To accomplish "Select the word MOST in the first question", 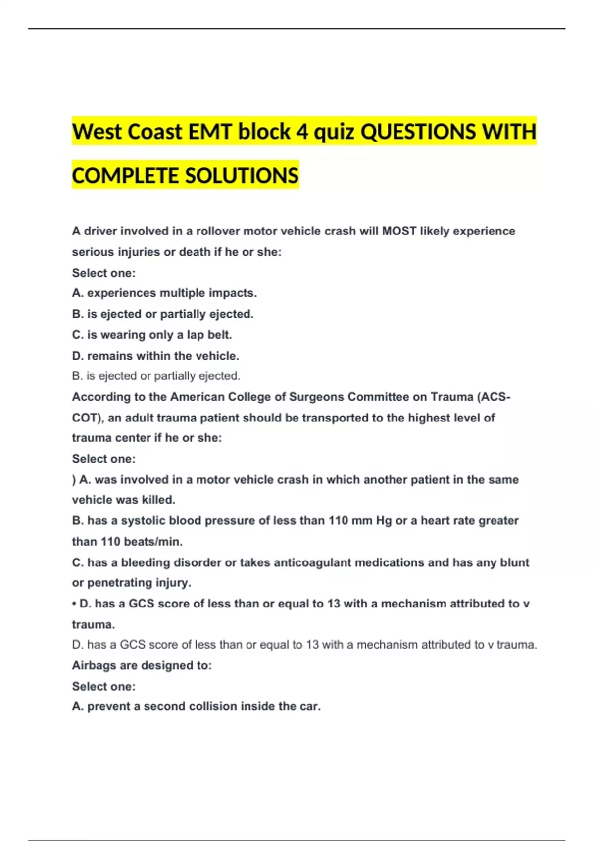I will click(x=399, y=231).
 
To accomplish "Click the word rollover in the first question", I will click(x=217, y=231).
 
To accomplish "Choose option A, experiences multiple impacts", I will click(x=164, y=293).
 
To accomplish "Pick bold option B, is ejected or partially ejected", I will click(x=162, y=314).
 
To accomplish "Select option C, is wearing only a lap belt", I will click(x=151, y=335).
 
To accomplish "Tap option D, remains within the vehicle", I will click(x=155, y=356).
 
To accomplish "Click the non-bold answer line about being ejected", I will click(x=156, y=376).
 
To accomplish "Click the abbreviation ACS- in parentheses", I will click(x=495, y=397).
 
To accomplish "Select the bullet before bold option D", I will click(x=74, y=604).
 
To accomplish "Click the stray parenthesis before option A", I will click(x=74, y=480).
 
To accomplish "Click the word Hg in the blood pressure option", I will click(x=384, y=520).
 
